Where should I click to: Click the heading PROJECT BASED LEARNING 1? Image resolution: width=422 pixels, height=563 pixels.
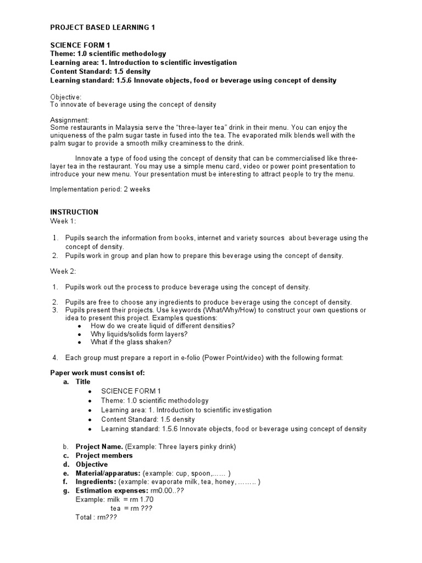coord(103,27)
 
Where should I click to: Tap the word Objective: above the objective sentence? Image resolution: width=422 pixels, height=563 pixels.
coord(66,97)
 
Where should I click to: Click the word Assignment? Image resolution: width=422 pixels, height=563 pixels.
coord(69,120)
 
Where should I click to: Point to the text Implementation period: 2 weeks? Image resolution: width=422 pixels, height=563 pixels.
coord(100,189)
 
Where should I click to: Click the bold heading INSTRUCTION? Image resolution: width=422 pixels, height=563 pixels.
coord(74,212)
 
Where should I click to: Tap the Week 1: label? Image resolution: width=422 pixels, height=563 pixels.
coord(63,220)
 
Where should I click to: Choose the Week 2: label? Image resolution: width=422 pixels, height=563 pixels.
coord(63,272)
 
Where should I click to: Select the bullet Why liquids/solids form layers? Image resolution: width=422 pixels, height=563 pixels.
coord(139,334)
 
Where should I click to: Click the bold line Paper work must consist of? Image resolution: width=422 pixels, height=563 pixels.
coord(98,373)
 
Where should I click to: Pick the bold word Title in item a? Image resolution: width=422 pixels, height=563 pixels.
coord(83,382)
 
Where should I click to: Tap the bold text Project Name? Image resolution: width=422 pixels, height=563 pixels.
coord(99,446)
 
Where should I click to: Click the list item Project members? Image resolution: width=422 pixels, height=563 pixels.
coord(104,455)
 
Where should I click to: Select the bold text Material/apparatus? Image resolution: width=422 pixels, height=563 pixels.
coord(108,473)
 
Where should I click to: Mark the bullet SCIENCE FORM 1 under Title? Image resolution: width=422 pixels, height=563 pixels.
coord(131,391)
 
